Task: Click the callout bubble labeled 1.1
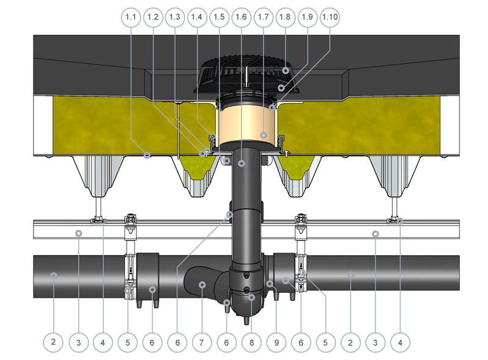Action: point(131,17)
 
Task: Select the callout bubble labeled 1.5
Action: point(219,17)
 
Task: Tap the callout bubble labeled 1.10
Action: point(329,17)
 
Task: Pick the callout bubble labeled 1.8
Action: point(285,17)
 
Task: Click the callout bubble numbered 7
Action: point(202,342)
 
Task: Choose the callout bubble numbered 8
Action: point(251,342)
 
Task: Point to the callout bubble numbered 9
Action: point(276,342)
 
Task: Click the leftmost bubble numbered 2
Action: point(53,342)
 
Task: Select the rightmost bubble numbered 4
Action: point(400,342)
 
